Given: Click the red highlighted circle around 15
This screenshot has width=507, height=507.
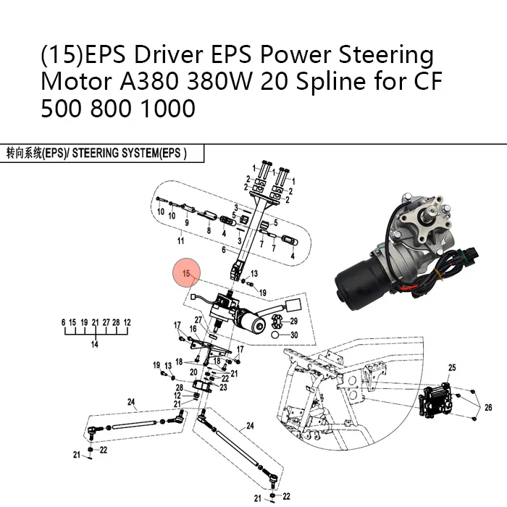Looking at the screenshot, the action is pyautogui.click(x=187, y=272).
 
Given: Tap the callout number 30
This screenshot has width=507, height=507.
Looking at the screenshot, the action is pyautogui.click(x=294, y=335).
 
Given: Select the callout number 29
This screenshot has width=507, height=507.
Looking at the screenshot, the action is pyautogui.click(x=293, y=321).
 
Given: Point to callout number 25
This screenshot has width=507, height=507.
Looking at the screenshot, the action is pyautogui.click(x=452, y=368).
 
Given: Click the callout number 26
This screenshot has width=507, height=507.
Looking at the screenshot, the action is pyautogui.click(x=488, y=407).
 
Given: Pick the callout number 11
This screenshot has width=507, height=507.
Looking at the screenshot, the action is pyautogui.click(x=180, y=241).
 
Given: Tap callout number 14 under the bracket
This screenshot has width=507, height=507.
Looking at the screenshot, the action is pyautogui.click(x=94, y=344).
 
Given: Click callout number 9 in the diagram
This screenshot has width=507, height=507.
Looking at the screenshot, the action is pyautogui.click(x=187, y=223).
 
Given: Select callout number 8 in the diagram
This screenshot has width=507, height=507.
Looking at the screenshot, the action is pyautogui.click(x=209, y=230).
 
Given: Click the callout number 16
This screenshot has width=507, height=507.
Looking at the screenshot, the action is pyautogui.click(x=193, y=329).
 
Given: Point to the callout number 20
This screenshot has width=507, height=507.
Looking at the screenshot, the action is pyautogui.click(x=193, y=372).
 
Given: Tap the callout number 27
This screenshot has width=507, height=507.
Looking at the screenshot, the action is pyautogui.click(x=198, y=320).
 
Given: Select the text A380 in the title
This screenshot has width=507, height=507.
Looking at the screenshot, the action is pyautogui.click(x=149, y=81).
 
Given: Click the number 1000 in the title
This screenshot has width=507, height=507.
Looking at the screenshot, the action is pyautogui.click(x=168, y=109).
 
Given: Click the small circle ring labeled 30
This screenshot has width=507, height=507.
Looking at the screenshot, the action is pyautogui.click(x=275, y=335).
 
